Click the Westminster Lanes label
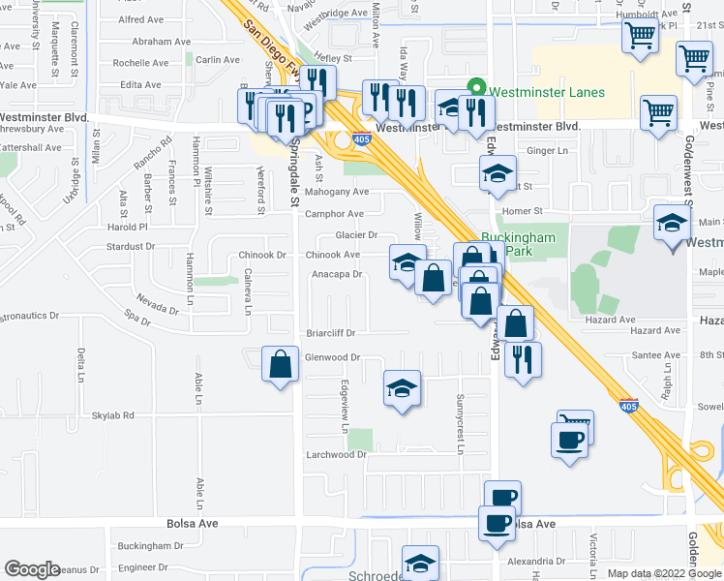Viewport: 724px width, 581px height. [x=547, y=93]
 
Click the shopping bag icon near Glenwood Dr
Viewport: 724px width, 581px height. [x=280, y=366]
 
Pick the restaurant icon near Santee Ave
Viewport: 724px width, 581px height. [x=523, y=361]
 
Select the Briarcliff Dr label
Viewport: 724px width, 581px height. [x=331, y=333]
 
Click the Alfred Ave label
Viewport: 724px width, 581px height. [x=140, y=19]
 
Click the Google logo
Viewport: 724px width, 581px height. [x=33, y=569]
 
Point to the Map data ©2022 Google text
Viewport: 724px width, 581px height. [x=664, y=573]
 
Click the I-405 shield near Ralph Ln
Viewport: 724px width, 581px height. [x=628, y=407]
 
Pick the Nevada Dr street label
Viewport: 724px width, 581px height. [x=157, y=304]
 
